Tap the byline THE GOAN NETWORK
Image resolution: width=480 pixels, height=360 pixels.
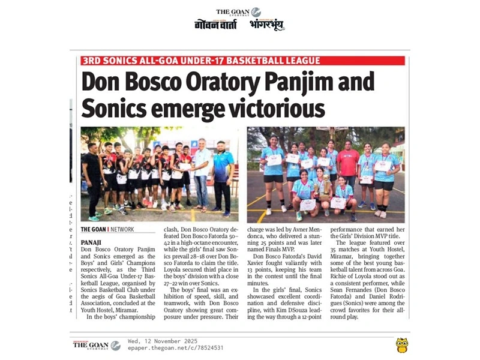click(x=107, y=229)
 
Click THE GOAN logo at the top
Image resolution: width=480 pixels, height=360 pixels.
click(x=238, y=12)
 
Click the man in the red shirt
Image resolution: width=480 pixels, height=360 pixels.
click(x=347, y=168)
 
